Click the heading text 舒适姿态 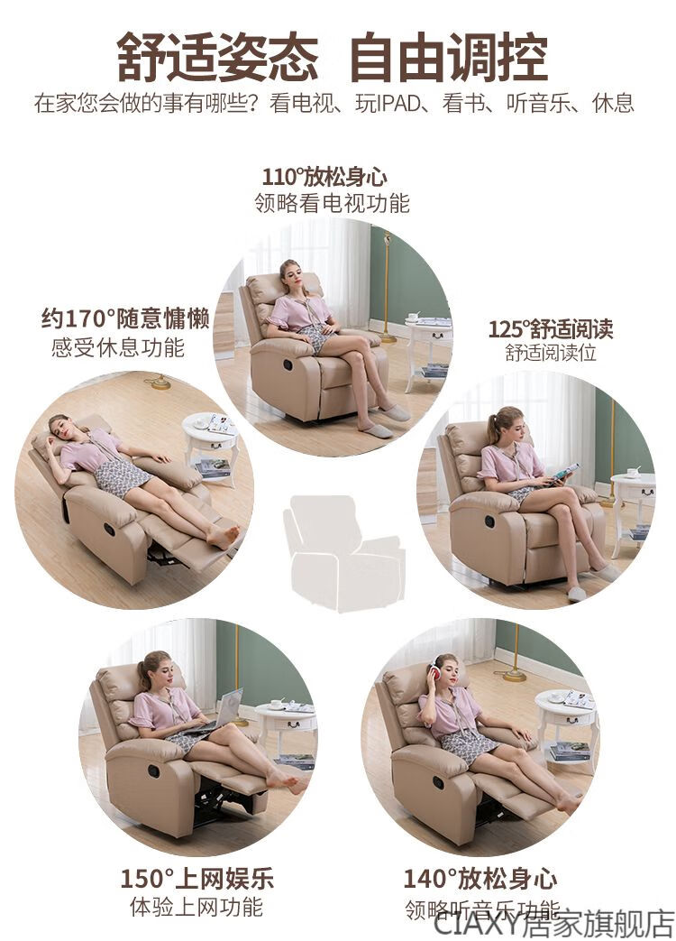coord(217,59)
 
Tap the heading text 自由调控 coord(448,59)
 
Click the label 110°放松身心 coord(324,178)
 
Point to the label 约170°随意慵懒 coord(125,318)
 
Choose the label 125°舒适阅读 coord(551,329)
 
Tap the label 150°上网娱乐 coord(197,879)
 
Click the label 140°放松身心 coord(480,879)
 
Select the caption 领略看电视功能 coord(332,203)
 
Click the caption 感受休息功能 coord(117,347)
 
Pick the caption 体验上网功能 coord(196,906)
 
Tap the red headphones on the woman coord(433,672)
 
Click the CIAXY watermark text coord(553,925)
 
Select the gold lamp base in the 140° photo coord(514,677)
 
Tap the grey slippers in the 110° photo coord(386,421)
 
